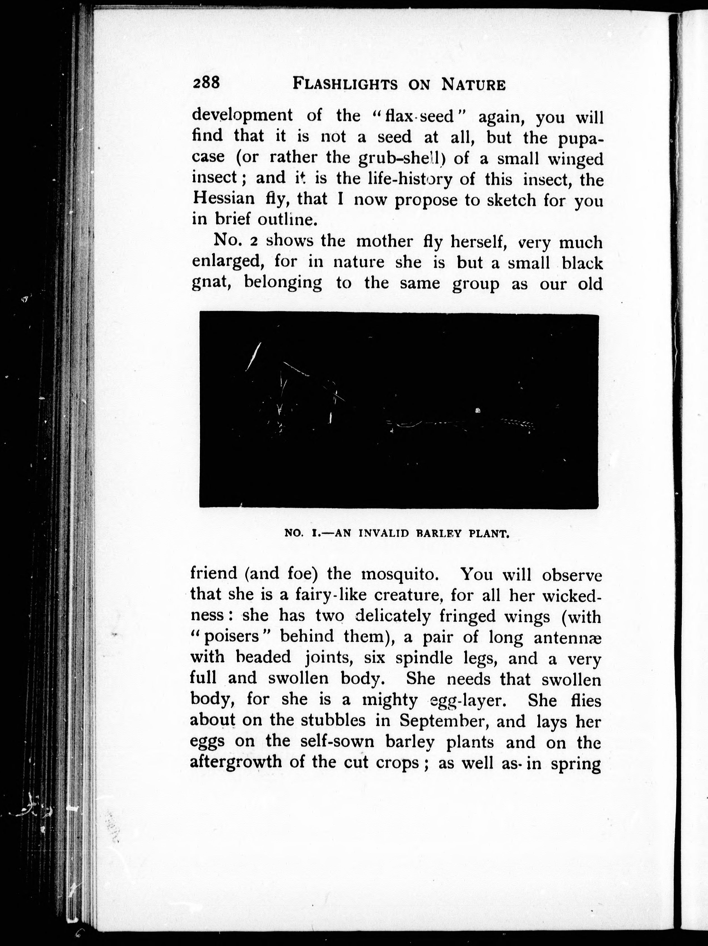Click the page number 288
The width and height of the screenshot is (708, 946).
click(x=206, y=82)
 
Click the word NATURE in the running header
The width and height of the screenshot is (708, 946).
click(x=473, y=84)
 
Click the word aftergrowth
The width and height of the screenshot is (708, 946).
click(x=235, y=762)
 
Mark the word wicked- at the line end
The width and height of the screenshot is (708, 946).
click(x=572, y=595)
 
